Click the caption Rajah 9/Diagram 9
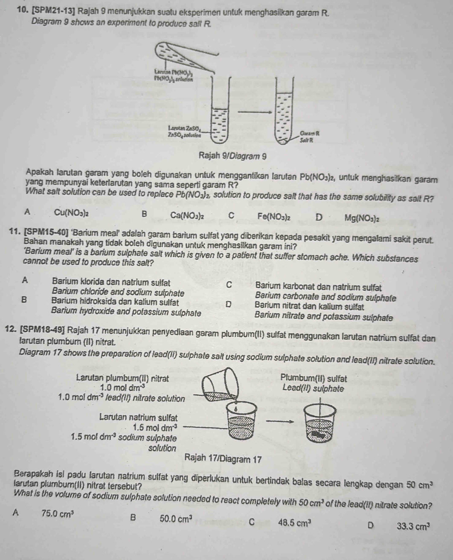pyautogui.click(x=232, y=156)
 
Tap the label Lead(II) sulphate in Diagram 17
pyautogui.click(x=313, y=389)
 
